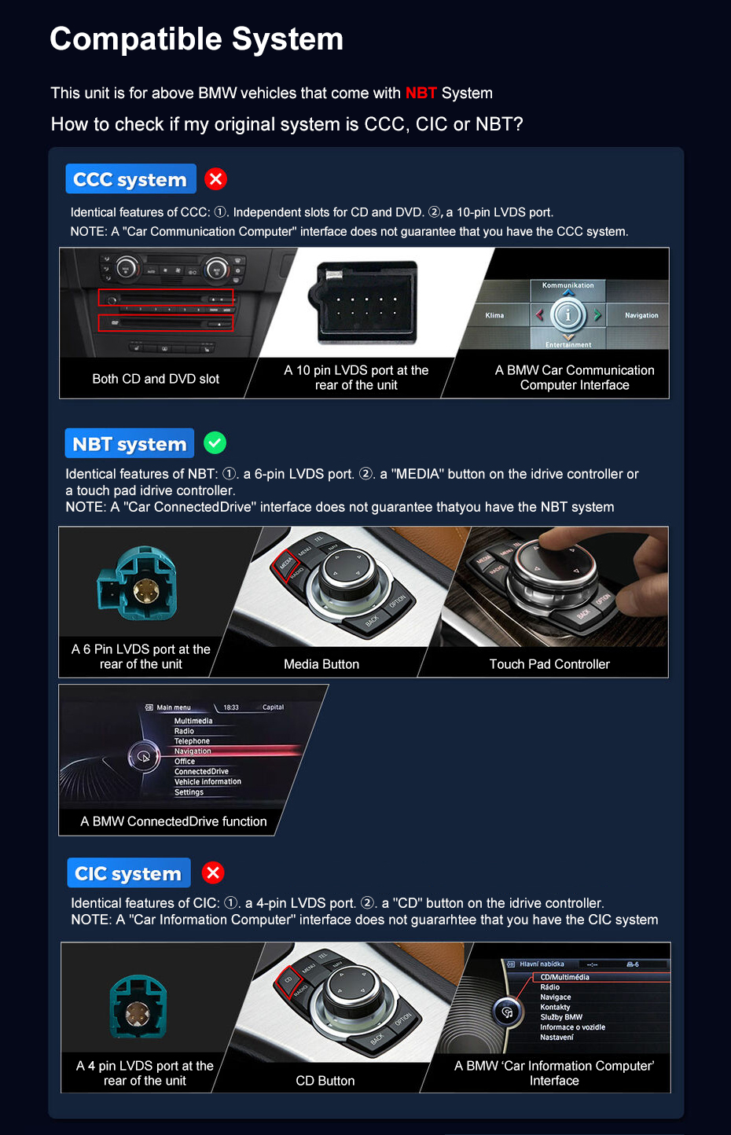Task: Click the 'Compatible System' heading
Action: tap(197, 39)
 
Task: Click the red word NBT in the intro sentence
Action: tap(421, 93)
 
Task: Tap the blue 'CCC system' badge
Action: tap(130, 179)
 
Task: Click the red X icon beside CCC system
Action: tap(215, 179)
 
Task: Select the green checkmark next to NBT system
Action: tap(215, 443)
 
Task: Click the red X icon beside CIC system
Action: tap(213, 872)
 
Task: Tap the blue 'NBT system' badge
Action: tap(130, 444)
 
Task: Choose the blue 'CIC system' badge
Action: tap(128, 873)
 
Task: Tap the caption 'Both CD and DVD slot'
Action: tap(156, 379)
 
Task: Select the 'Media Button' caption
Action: tap(321, 664)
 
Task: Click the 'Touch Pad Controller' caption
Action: tap(549, 664)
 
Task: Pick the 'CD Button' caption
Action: tap(325, 1081)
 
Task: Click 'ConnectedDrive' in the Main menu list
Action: tap(201, 772)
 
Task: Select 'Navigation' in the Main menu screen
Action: tap(193, 751)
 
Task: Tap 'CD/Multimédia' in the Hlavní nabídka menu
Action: tap(564, 977)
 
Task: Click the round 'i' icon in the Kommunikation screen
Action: tap(568, 315)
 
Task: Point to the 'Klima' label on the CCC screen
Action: tap(494, 315)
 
